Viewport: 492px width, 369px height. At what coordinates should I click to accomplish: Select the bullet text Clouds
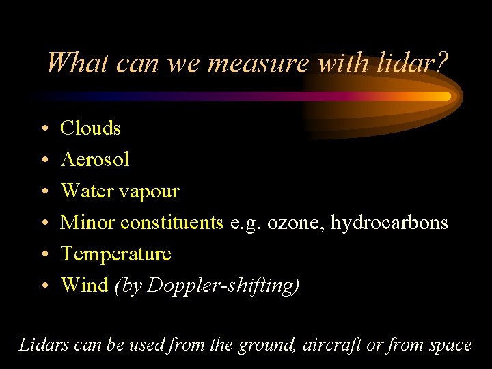pyautogui.click(x=91, y=128)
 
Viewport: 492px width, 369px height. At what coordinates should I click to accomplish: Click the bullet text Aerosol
pyautogui.click(x=95, y=159)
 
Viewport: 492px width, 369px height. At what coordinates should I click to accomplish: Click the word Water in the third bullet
pyautogui.click(x=84, y=191)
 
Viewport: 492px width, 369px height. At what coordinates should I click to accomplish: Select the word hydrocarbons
pyautogui.click(x=389, y=223)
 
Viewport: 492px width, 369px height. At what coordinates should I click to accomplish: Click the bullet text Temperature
pyautogui.click(x=116, y=254)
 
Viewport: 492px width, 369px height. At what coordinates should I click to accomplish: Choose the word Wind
pyautogui.click(x=84, y=285)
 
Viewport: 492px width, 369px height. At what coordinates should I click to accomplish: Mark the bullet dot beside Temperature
pyautogui.click(x=43, y=255)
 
